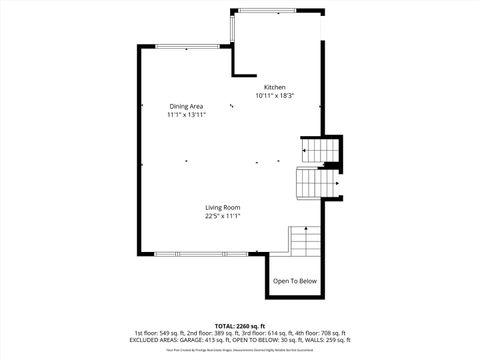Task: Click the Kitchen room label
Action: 274,87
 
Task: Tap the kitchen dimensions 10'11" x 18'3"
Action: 274,96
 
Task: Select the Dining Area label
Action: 186,106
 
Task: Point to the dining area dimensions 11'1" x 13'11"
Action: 186,115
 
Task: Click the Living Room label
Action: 223,207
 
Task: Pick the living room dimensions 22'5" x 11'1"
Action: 223,216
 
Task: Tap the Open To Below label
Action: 295,281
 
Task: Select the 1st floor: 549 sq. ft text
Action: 159,333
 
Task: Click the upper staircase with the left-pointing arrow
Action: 321,152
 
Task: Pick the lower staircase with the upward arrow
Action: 304,241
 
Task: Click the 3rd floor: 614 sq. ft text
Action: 268,333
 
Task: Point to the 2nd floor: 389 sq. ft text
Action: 213,333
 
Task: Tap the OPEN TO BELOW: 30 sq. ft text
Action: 266,340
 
